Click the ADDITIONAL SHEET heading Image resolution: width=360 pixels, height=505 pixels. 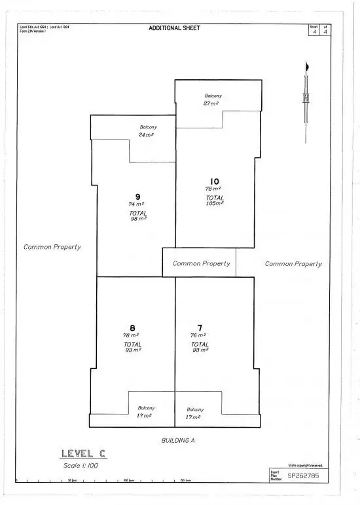tap(174, 28)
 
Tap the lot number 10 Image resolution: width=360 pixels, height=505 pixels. tap(215, 181)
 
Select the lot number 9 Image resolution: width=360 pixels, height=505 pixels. tap(137, 196)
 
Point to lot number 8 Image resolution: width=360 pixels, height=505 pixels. tap(132, 327)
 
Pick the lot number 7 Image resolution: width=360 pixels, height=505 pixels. tap(200, 327)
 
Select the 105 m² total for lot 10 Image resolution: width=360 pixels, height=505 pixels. tap(215, 203)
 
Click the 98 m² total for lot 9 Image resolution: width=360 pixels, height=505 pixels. tap(137, 218)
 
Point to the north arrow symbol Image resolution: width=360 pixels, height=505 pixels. tap(306, 98)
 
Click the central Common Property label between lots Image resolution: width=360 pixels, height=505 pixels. tap(201, 263)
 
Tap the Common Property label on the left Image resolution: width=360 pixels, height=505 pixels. tap(52, 247)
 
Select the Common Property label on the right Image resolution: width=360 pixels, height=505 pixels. tap(293, 264)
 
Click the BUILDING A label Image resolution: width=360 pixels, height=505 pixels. tap(178, 440)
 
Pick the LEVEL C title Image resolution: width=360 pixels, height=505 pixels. tap(83, 453)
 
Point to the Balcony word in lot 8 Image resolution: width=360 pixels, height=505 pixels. tap(146, 407)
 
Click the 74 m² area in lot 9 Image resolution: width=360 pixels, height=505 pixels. tap(136, 204)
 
